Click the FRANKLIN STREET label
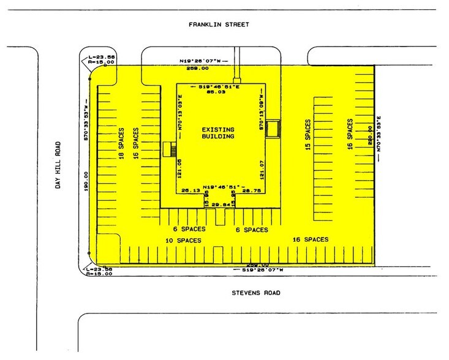pyautogui.click(x=219, y=24)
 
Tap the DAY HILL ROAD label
pyautogui.click(x=59, y=165)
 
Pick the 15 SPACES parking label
pyautogui.click(x=308, y=136)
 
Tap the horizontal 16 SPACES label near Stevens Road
pyautogui.click(x=310, y=239)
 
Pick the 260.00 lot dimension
pyautogui.click(x=369, y=135)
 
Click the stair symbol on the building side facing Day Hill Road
pyautogui.click(x=170, y=149)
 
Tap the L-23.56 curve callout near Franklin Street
pyautogui.click(x=96, y=54)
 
